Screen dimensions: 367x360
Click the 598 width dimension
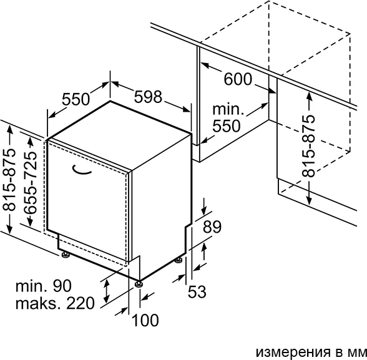click(x=148, y=97)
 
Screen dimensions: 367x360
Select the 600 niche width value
click(x=238, y=79)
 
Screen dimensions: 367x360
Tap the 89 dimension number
click(x=212, y=226)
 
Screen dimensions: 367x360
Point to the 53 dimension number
click(x=197, y=292)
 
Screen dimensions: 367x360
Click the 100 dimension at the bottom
click(x=145, y=320)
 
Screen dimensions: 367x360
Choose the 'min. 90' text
click(x=43, y=286)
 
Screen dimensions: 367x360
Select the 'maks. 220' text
click(x=55, y=303)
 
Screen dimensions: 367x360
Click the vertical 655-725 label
click(x=31, y=183)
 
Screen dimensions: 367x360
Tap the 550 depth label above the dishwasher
click(x=76, y=99)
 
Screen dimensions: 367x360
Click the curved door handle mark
click(x=81, y=170)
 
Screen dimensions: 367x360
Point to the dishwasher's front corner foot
click(x=139, y=283)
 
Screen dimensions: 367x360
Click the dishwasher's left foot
click(x=66, y=255)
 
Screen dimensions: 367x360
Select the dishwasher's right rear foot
click(x=179, y=260)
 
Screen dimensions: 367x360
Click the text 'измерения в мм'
click(x=311, y=352)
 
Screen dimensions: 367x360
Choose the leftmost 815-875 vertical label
click(x=9, y=180)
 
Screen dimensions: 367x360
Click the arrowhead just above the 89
click(x=204, y=210)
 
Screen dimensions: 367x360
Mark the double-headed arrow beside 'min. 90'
click(x=107, y=291)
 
